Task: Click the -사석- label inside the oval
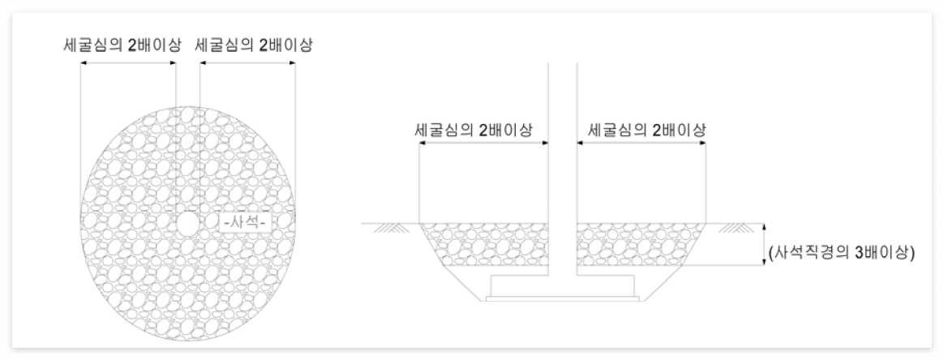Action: pyautogui.click(x=245, y=221)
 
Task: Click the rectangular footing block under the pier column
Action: pyautogui.click(x=563, y=285)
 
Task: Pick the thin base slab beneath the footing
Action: pyautogui.click(x=563, y=298)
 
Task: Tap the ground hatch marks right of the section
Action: pyautogui.click(x=734, y=229)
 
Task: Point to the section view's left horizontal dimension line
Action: pyautogui.click(x=483, y=143)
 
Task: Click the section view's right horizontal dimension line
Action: pyautogui.click(x=641, y=143)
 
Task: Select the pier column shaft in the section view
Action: pyautogui.click(x=563, y=162)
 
